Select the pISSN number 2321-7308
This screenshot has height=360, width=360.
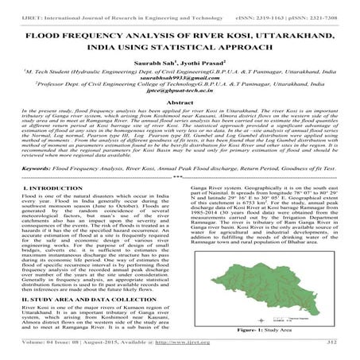click(x=327, y=7)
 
